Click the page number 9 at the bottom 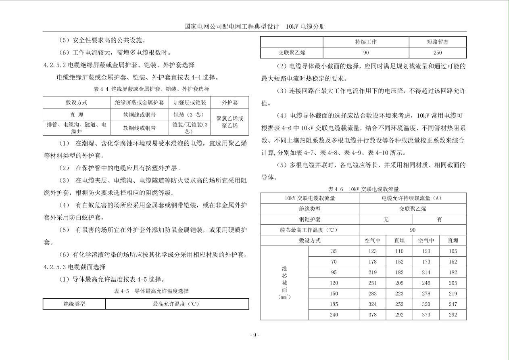point(254,335)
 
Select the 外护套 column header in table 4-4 point(229,103)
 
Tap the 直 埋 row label point(77,115)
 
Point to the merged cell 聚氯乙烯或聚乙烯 point(229,122)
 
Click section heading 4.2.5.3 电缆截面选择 point(75,267)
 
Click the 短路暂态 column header point(438,42)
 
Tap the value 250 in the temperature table point(438,52)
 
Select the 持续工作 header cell point(366,42)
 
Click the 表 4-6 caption point(363,189)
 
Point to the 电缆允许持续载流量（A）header point(412,198)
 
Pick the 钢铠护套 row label point(310,220)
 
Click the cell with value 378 point(373,315)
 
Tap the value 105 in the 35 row point(453,251)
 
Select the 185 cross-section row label point(334,304)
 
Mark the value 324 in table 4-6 point(373,304)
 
